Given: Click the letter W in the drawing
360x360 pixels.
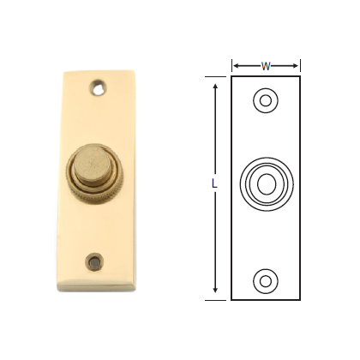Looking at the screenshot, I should click(266, 65).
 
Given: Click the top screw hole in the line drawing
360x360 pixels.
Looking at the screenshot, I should click(266, 102).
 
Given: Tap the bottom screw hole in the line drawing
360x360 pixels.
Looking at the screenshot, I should click(266, 279).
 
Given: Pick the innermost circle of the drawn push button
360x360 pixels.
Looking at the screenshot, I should click(266, 183).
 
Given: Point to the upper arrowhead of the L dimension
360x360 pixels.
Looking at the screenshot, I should click(214, 83).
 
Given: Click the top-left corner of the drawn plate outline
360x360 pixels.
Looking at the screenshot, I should click(231, 77).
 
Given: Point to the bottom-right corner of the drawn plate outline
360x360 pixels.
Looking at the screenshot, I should click(300, 299).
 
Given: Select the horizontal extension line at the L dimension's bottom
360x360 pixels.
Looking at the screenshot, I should click(219, 299).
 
